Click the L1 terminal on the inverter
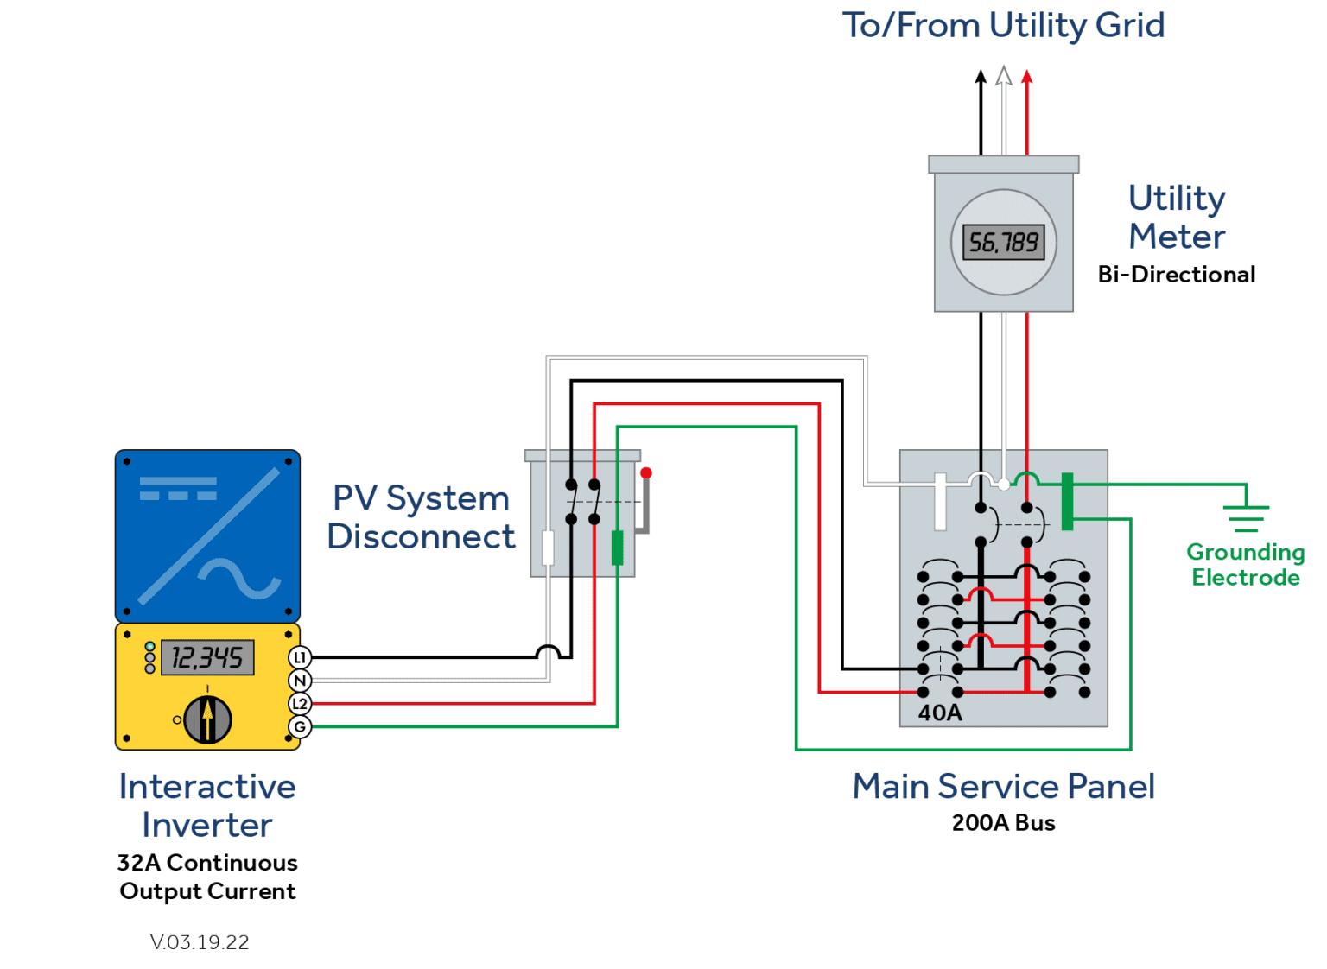[x=300, y=657]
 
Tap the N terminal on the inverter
[x=300, y=681]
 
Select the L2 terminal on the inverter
[x=300, y=704]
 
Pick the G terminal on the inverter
[x=300, y=727]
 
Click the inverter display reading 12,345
[x=207, y=658]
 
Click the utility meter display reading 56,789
[x=1003, y=242]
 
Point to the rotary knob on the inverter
[x=207, y=719]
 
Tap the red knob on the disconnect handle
[x=646, y=473]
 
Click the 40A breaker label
[x=940, y=712]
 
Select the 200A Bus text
[x=1003, y=823]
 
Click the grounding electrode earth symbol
[x=1246, y=516]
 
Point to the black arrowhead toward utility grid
[x=981, y=77]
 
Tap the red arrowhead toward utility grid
[x=1027, y=77]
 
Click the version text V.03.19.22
[x=200, y=942]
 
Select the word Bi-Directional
[x=1176, y=275]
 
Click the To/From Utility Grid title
[x=1003, y=26]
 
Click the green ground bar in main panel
[x=1068, y=501]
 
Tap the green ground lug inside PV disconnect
[x=617, y=548]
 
